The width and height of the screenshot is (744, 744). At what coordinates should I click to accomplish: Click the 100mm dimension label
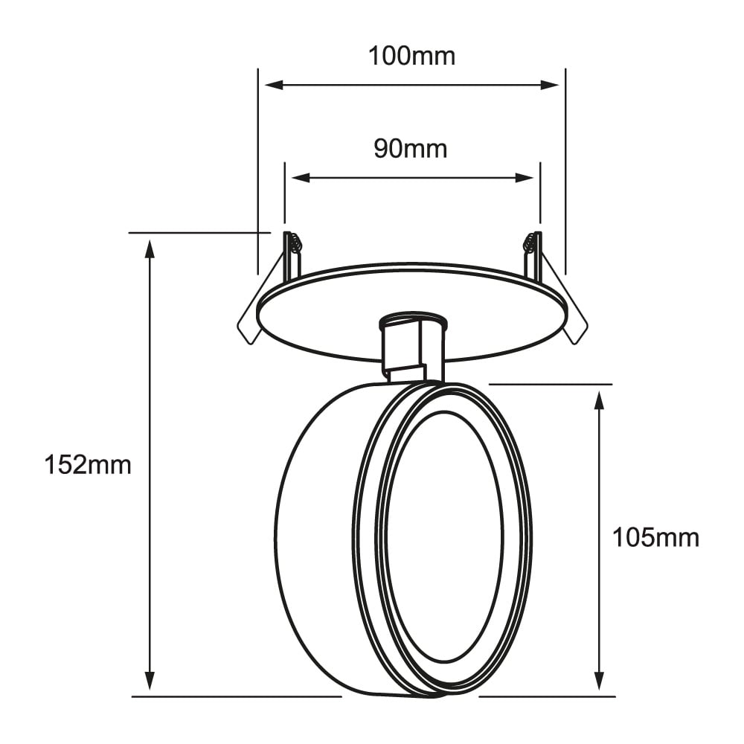411,56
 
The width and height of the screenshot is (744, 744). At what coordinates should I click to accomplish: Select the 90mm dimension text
411,149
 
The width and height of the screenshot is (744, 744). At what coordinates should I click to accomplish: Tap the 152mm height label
88,466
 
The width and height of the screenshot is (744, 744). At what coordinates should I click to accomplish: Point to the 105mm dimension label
655,537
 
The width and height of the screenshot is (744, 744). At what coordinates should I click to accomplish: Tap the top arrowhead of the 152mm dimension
150,248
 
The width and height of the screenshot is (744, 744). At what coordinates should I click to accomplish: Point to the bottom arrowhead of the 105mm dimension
599,681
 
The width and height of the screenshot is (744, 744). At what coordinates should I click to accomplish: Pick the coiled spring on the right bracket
530,243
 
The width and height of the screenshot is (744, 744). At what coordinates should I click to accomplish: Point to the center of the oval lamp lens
444,537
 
